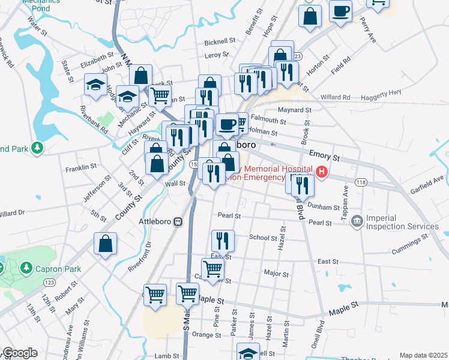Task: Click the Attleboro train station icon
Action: coord(178,221)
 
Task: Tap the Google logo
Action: coord(20,353)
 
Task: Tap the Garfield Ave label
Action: coord(428,178)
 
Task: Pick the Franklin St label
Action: coord(81,167)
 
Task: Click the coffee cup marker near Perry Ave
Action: coord(341,12)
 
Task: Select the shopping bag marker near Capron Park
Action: coord(105,244)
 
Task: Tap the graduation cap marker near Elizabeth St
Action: coord(95,84)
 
